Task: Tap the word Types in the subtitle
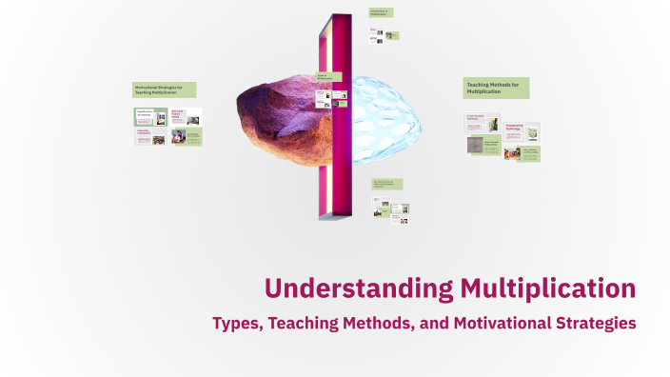click(235, 324)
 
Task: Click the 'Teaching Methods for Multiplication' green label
click(496, 89)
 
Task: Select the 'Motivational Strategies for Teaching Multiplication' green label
click(165, 89)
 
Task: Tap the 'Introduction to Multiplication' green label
click(380, 13)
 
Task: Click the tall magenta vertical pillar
click(335, 114)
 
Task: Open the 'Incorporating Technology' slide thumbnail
click(522, 130)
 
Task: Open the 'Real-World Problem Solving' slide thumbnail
click(185, 116)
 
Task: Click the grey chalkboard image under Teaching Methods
click(475, 146)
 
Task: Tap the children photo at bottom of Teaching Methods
click(511, 152)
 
